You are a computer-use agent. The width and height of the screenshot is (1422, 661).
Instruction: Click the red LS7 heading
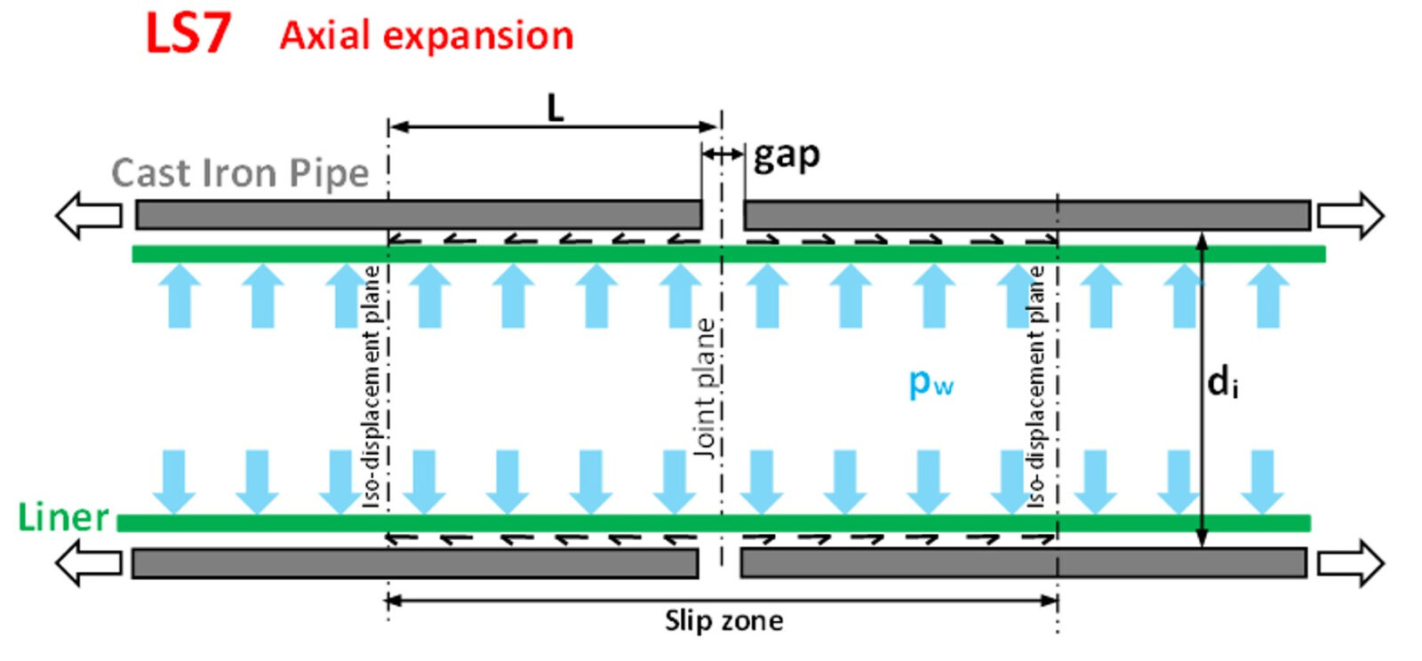coord(188,35)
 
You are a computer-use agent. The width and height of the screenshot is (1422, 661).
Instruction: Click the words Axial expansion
coord(427,36)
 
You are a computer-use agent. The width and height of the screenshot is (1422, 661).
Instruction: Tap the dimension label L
coord(555,108)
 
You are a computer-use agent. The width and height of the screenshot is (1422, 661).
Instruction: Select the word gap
coord(787,156)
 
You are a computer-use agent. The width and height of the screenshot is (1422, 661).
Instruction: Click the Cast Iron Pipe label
coord(240,173)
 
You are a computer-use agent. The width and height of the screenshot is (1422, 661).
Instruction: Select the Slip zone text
coord(724,620)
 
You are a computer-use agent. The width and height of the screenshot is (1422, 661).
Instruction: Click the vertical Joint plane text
coord(705,388)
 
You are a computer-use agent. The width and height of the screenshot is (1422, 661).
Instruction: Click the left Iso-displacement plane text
coord(372,386)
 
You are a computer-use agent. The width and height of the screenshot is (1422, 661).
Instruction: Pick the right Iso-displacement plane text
coord(1036,386)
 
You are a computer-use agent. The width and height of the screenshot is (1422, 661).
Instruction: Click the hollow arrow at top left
coord(89,215)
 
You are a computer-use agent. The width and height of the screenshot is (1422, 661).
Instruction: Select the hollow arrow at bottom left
coord(89,563)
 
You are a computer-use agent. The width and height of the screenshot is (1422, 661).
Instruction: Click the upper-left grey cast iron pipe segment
coord(418,215)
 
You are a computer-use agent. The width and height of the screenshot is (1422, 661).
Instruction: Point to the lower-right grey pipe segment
coord(1022,563)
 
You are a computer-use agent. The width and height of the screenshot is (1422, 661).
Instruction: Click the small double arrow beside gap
coord(723,155)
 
